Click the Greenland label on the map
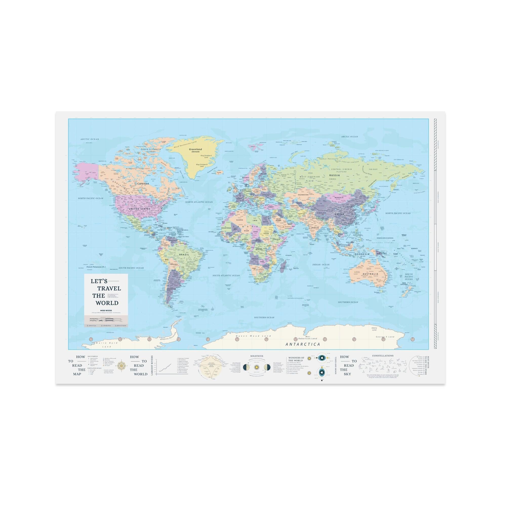click(195, 149)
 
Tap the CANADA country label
click(143, 184)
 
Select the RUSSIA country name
click(334, 175)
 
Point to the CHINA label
click(339, 214)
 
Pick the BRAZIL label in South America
click(184, 255)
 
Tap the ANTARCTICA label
click(302, 344)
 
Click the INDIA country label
click(315, 228)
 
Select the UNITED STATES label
click(141, 209)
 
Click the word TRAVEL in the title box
click(109, 288)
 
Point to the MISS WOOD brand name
click(106, 310)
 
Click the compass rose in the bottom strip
click(121, 366)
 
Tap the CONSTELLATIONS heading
click(383, 356)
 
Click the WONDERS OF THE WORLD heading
click(296, 359)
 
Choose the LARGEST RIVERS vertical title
click(152, 365)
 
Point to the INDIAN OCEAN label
click(321, 265)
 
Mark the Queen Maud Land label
click(253, 336)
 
